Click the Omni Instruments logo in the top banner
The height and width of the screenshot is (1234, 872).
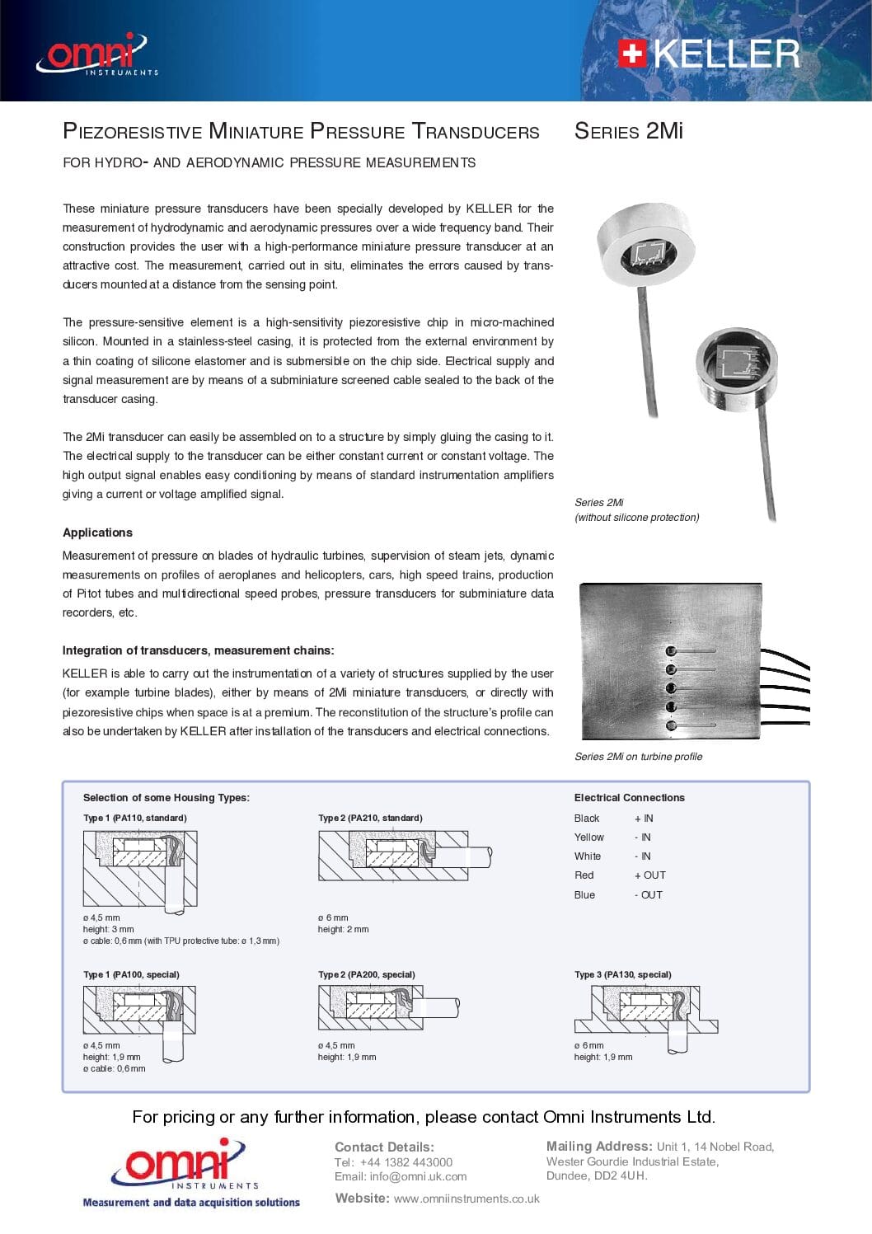[x=96, y=54]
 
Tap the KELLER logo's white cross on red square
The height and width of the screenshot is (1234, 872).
[x=631, y=54]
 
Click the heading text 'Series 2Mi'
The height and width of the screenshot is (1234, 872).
[x=628, y=131]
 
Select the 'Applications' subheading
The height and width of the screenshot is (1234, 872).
[x=97, y=533]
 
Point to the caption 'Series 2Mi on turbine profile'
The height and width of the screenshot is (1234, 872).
[x=638, y=757]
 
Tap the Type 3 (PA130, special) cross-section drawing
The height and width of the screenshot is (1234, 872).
[x=645, y=1012]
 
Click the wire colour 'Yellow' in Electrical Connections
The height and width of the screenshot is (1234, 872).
[x=588, y=838]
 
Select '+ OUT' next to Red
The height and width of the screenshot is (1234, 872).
[x=649, y=875]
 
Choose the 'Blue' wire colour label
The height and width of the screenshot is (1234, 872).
[x=584, y=895]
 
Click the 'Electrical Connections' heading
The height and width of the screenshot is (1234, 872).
[x=629, y=798]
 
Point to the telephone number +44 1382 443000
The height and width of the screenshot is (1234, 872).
[x=406, y=1162]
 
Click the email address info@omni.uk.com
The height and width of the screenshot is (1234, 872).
[x=418, y=1176]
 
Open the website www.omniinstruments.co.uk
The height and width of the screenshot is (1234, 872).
[x=466, y=1199]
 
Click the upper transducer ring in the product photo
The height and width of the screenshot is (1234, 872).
[x=645, y=246]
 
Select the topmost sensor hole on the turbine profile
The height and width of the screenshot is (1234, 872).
[x=671, y=650]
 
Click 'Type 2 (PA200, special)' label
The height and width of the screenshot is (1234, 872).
[x=366, y=974]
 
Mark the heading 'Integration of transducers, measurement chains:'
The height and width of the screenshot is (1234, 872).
[x=198, y=650]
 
